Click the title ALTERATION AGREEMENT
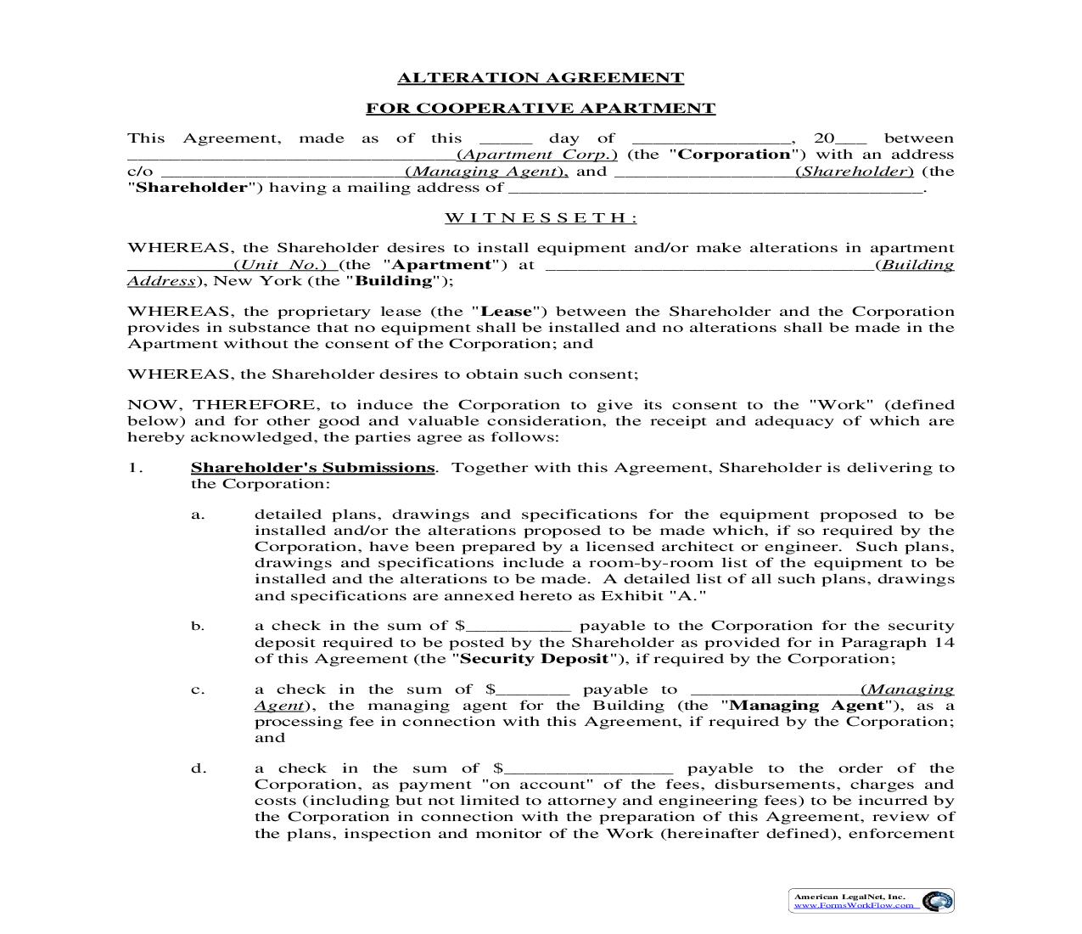pyautogui.click(x=541, y=78)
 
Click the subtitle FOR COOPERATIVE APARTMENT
pyautogui.click(x=541, y=109)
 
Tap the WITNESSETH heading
pyautogui.click(x=541, y=218)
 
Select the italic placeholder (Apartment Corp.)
pyautogui.click(x=536, y=155)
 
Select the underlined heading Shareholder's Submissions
pyautogui.click(x=312, y=468)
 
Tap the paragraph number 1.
pyautogui.click(x=133, y=468)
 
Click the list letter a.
pyautogui.click(x=198, y=515)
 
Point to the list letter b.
pyautogui.click(x=198, y=627)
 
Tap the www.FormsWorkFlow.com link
pyautogui.click(x=855, y=905)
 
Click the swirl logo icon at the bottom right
pyautogui.click(x=937, y=901)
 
